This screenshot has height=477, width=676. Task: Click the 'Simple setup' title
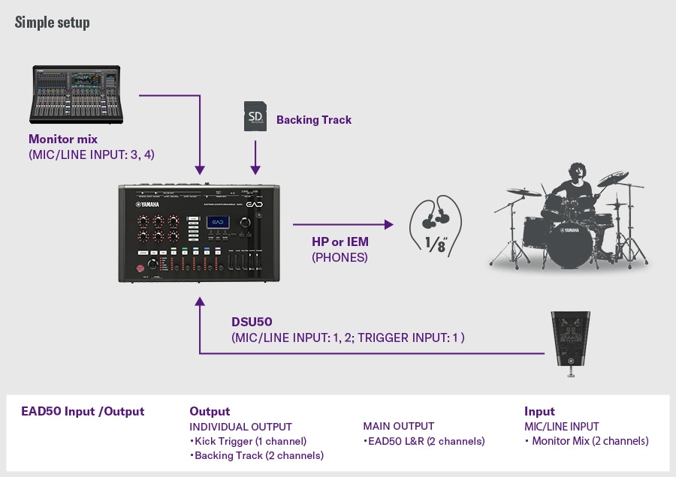point(52,22)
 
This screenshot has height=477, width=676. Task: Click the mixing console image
point(78,94)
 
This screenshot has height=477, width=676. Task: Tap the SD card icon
point(256,117)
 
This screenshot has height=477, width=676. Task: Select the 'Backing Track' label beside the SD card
point(313,120)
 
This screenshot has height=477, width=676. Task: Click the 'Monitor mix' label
point(63,139)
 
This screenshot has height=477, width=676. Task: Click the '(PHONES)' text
point(340,256)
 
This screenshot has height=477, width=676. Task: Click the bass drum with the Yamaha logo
point(569,239)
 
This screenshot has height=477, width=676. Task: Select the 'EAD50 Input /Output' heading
point(83,411)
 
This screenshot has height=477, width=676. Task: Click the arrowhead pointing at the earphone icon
point(388,223)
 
